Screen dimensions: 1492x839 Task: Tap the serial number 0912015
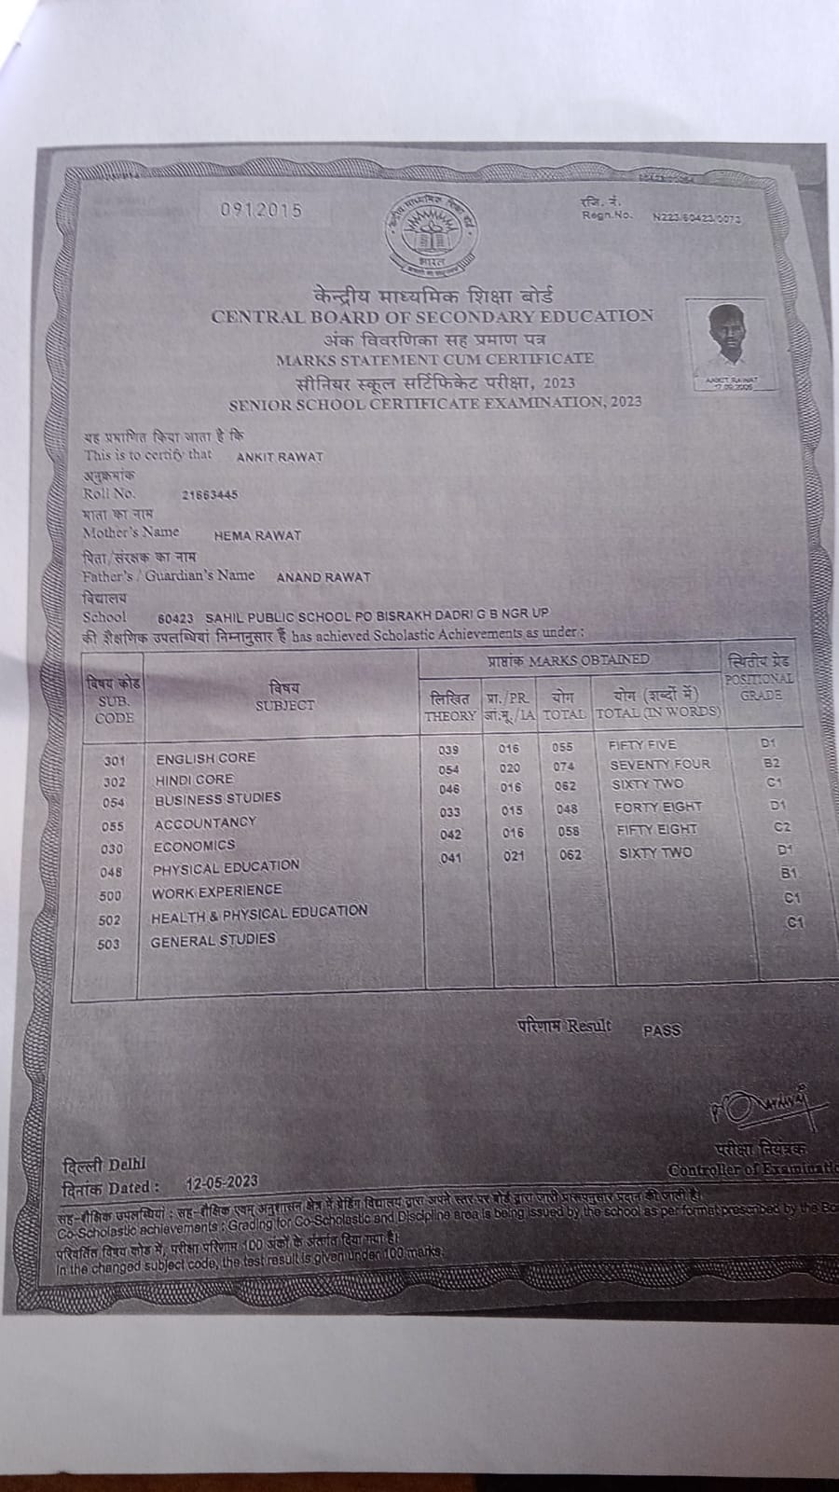261,210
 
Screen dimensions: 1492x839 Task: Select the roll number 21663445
211,495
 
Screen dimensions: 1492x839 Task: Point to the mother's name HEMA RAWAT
257,536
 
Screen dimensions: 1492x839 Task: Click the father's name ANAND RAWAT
323,577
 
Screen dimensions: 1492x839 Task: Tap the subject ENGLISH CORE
205,758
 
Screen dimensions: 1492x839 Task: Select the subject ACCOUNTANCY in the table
204,822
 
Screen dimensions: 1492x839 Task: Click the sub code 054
114,802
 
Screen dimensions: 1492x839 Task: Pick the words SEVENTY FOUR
659,765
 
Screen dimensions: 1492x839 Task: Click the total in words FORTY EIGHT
658,808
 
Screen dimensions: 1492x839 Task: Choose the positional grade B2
770,763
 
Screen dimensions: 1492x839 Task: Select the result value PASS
662,1030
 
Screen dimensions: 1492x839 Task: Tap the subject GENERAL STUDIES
213,941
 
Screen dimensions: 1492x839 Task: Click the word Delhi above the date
126,1165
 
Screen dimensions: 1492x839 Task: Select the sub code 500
110,895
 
